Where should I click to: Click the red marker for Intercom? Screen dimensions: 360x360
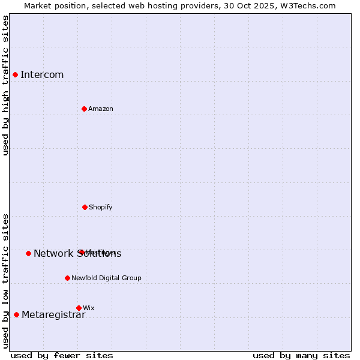tap(15, 74)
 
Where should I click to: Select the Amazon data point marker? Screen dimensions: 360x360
tap(84, 109)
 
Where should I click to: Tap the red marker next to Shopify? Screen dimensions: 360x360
tap(85, 207)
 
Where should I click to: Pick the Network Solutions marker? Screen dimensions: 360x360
tap(28, 253)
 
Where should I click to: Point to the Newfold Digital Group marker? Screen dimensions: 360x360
tap(67, 278)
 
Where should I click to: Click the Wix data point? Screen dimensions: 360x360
tap(79, 308)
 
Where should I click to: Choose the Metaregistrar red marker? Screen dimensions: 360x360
tap(16, 315)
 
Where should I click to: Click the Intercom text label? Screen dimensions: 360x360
tap(42, 74)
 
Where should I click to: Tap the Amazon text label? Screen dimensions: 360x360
tap(101, 109)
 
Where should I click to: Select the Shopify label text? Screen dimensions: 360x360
tap(101, 207)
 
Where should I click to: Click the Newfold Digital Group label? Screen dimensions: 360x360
tap(107, 278)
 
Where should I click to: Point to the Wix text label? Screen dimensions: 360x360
tap(89, 308)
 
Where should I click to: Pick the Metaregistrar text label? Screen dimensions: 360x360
tap(53, 315)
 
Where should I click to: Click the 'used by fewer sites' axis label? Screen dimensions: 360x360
tap(62, 355)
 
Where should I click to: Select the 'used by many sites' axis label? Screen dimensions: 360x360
tap(301, 355)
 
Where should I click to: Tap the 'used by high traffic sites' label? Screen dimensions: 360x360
tap(5, 85)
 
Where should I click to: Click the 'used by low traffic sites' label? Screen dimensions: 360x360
tap(5, 281)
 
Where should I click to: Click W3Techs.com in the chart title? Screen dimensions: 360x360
tap(307, 5)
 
